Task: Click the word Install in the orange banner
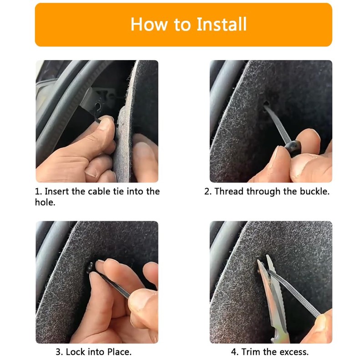tap(222, 24)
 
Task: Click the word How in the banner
tap(149, 24)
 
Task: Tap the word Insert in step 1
tap(56, 192)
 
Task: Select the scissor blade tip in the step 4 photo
tap(268, 256)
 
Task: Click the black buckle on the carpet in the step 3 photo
tap(90, 268)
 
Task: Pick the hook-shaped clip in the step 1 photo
tap(97, 109)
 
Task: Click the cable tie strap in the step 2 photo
tap(278, 126)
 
